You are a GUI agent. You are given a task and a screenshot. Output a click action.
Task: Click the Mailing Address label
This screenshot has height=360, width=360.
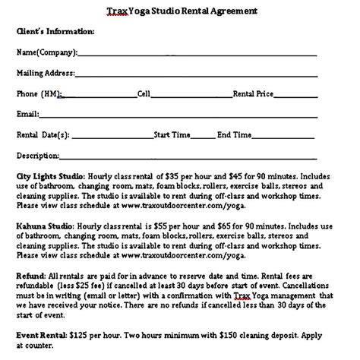click(46, 74)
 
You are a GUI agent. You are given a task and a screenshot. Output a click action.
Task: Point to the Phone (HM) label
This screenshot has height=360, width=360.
click(39, 94)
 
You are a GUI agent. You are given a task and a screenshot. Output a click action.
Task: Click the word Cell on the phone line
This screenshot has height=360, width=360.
click(144, 94)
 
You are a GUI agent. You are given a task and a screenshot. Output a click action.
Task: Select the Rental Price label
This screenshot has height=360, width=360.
click(255, 94)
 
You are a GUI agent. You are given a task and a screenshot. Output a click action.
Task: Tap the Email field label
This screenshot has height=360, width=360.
click(27, 115)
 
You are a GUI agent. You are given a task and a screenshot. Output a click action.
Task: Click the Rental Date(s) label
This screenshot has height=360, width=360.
click(43, 135)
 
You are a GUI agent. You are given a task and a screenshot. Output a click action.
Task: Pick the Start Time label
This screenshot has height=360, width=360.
click(172, 135)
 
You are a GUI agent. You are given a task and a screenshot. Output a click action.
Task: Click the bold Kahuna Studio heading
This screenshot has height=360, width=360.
click(43, 226)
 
